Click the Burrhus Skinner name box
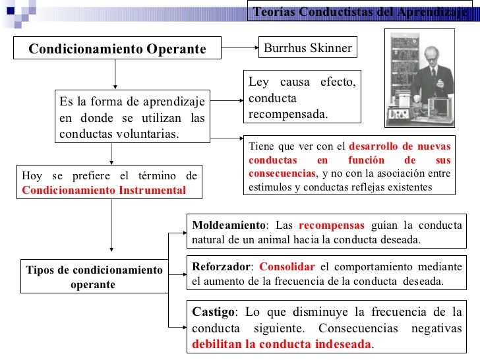pyautogui.click(x=308, y=48)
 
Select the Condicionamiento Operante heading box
pyautogui.click(x=117, y=49)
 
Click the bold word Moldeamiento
pyautogui.click(x=218, y=225)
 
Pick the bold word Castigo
pyautogui.click(x=212, y=311)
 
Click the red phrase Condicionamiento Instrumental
pyautogui.click(x=104, y=190)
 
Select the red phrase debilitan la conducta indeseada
pyautogui.click(x=282, y=344)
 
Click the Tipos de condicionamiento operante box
pyautogui.click(x=94, y=278)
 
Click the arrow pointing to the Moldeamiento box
pyautogui.click(x=178, y=232)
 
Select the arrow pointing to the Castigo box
pyautogui.click(x=178, y=326)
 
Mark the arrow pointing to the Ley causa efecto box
pyautogui.click(x=227, y=101)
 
